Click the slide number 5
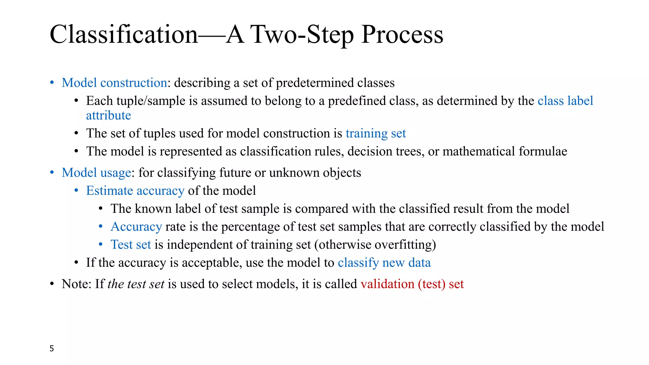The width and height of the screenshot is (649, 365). click(52, 349)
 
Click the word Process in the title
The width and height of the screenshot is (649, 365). click(402, 35)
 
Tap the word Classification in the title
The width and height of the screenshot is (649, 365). click(124, 35)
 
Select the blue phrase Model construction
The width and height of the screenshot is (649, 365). click(114, 83)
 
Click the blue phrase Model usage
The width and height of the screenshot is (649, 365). click(96, 173)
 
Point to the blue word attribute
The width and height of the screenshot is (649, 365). click(108, 116)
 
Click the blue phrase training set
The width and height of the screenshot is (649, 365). click(376, 134)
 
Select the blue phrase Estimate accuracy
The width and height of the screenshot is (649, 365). click(135, 191)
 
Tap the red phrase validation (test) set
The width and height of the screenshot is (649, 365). click(412, 284)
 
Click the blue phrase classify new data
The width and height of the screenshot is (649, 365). click(384, 263)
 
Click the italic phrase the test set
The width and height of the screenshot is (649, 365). click(136, 284)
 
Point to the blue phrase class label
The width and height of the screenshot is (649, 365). click(565, 101)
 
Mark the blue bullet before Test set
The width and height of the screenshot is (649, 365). click(101, 245)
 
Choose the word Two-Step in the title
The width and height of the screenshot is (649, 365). click(303, 35)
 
